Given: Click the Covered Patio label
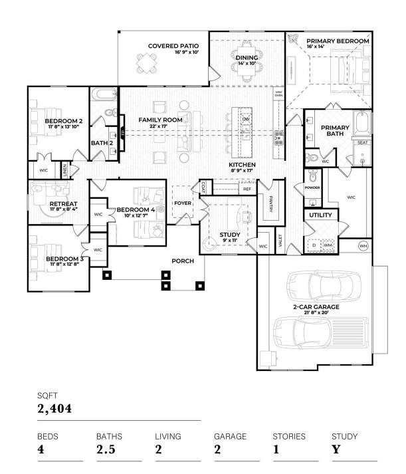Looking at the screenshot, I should tap(168, 46).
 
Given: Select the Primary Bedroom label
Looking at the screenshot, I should tap(338, 41).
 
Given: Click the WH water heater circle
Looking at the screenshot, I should tap(363, 246).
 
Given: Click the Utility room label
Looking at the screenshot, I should tap(320, 215).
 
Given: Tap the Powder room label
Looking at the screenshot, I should tap(312, 187).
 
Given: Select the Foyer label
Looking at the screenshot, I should tap(183, 203).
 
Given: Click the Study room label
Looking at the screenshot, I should tap(230, 235).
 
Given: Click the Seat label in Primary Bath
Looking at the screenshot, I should tap(362, 142).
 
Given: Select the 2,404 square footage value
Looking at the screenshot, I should tap(54, 408).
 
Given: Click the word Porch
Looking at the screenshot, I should tap(183, 261).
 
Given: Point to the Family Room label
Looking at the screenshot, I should tap(160, 120).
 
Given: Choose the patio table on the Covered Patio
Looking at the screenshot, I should tap(147, 63).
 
